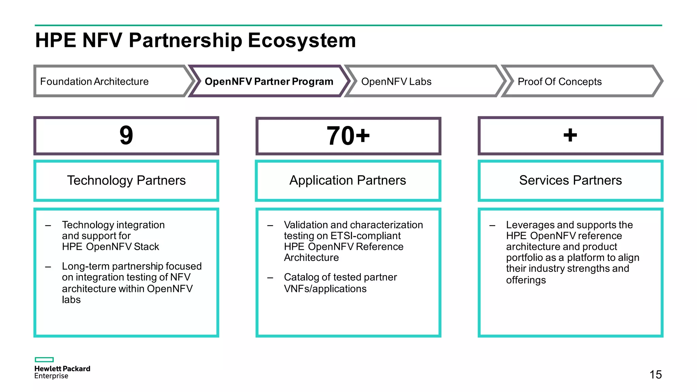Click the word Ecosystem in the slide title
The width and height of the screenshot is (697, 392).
(x=302, y=40)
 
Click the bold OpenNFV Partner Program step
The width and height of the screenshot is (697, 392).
(x=269, y=82)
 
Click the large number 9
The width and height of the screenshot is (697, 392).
(x=126, y=135)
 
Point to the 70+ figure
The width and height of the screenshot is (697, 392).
(x=348, y=136)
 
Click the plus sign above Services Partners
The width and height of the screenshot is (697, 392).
(x=570, y=135)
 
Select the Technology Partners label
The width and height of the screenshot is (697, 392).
(x=126, y=180)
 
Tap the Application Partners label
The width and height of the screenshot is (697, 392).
(x=347, y=180)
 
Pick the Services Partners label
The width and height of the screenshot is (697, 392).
(x=570, y=180)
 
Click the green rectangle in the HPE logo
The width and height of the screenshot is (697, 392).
(x=44, y=360)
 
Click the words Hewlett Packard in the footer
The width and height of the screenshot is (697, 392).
(x=62, y=369)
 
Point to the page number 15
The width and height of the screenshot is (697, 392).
(x=655, y=375)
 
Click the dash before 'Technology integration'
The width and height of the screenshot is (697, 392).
(x=48, y=225)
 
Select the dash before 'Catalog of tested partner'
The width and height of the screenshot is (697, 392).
(x=270, y=278)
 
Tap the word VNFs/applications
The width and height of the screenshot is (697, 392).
(x=325, y=289)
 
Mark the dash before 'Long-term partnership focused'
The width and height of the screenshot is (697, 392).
(x=48, y=267)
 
